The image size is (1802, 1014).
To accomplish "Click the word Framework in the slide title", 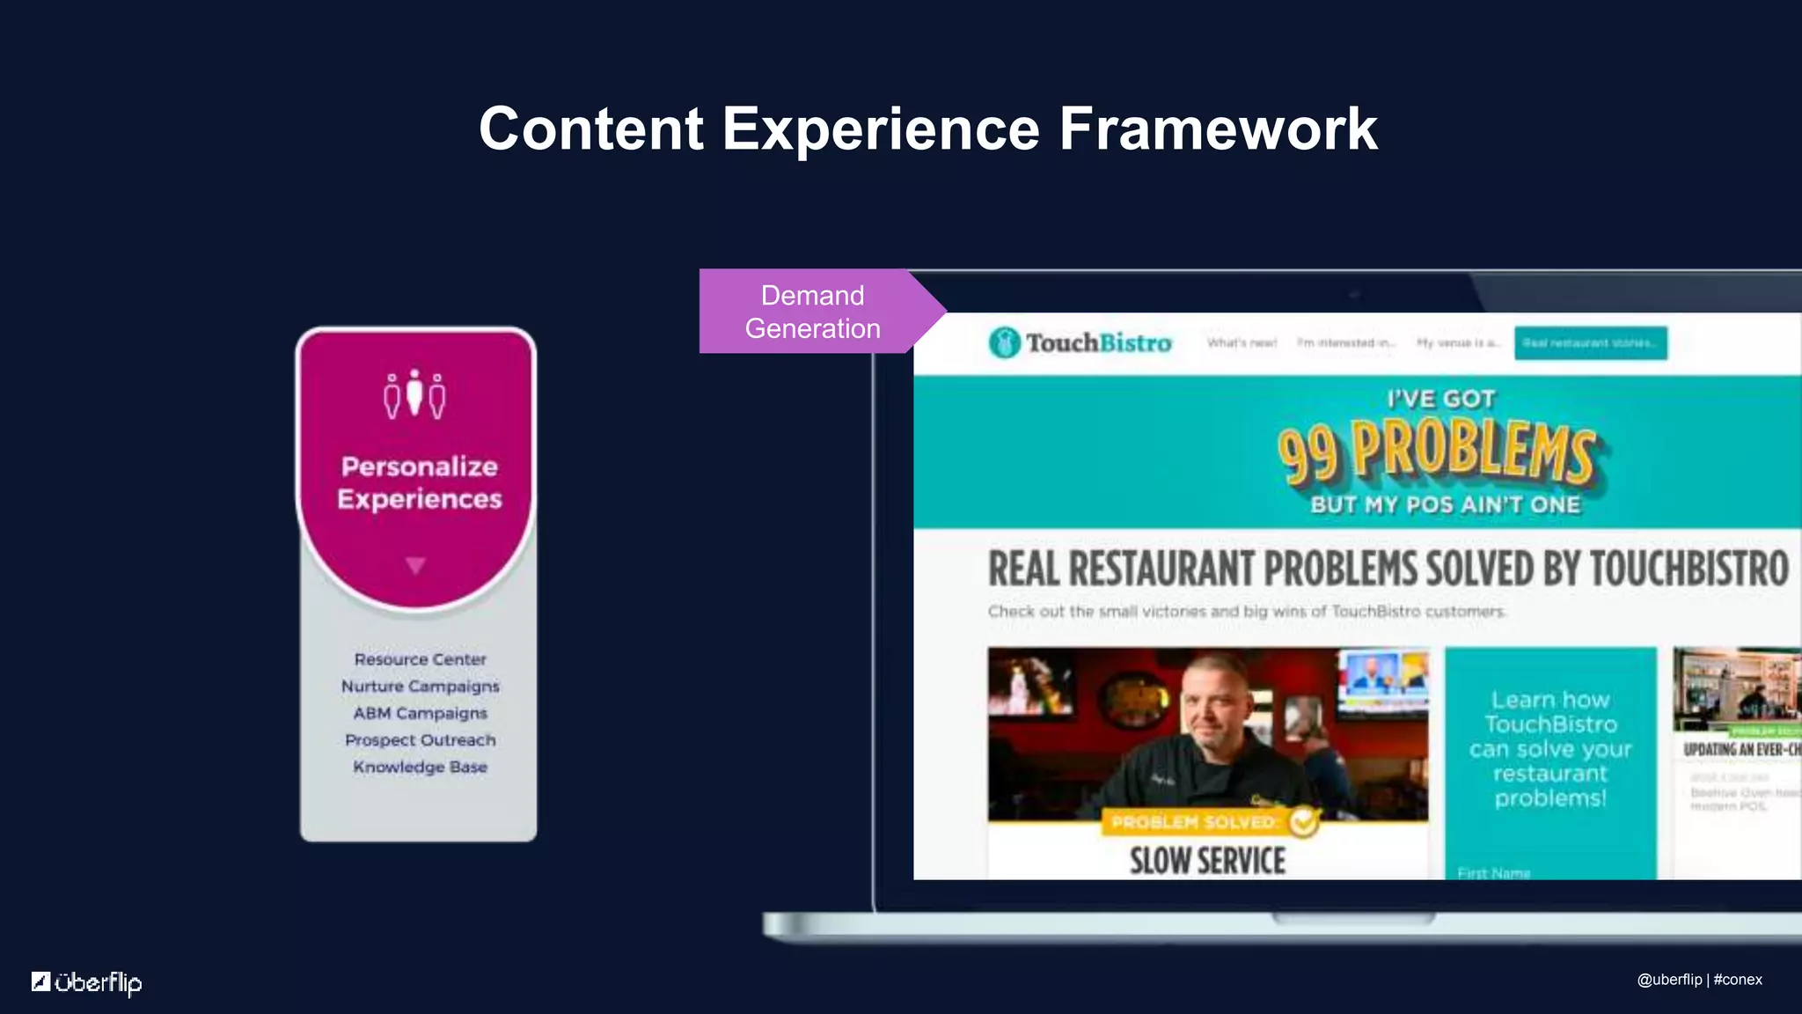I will coord(1218,129).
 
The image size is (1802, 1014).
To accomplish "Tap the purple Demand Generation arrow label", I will coord(812,312).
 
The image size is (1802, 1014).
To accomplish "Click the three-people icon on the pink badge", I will coord(414,395).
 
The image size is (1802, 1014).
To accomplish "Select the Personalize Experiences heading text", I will coord(419,482).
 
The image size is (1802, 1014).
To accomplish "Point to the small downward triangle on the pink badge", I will coord(415,565).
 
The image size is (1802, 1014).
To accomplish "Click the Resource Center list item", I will coord(420,659).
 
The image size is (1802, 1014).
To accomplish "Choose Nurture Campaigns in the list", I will coord(420,686).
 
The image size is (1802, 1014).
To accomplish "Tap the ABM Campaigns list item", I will coord(420,713).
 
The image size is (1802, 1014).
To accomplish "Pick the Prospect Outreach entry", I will coord(420,740).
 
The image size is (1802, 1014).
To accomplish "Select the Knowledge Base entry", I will coord(420,767).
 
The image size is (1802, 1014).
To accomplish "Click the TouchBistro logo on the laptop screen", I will coord(1080,342).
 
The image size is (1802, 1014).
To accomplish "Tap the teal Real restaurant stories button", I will coord(1590,342).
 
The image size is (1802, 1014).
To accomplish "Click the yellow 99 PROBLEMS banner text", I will coord(1436,452).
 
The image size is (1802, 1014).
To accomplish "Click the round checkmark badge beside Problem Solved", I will coord(1304,821).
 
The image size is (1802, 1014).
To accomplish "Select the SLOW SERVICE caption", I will coord(1207,861).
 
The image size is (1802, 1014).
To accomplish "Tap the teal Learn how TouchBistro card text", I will coord(1550,748).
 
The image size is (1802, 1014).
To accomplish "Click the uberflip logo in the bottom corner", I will coord(87,982).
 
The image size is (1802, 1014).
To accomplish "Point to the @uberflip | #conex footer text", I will coord(1699,980).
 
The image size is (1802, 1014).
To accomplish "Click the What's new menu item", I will coord(1242,343).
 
